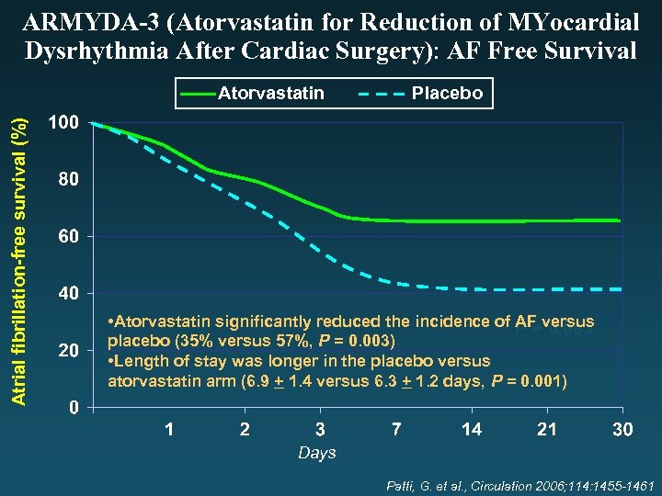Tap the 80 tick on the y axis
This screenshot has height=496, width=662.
(x=67, y=180)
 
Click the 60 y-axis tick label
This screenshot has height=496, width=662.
(x=67, y=237)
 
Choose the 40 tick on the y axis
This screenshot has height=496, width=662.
(x=67, y=294)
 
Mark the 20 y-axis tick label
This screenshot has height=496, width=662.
(x=67, y=351)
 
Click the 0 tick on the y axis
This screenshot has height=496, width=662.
(x=72, y=408)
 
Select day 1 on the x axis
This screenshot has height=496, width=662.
(x=169, y=430)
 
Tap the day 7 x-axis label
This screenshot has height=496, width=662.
(x=395, y=430)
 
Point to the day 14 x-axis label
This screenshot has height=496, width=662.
(x=471, y=430)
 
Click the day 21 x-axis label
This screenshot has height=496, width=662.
(x=546, y=430)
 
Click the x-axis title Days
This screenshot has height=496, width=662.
(x=316, y=453)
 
